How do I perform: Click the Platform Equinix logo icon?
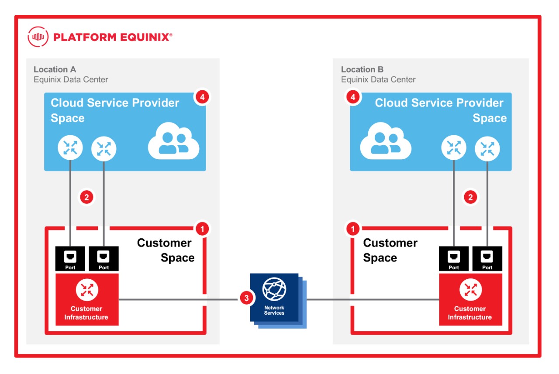coord(38,37)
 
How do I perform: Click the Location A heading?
coord(55,69)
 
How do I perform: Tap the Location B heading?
coord(362,69)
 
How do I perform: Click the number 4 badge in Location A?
coord(201,97)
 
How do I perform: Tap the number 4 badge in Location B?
coord(353,97)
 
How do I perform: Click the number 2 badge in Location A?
coord(86,197)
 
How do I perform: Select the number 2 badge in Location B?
coord(470,197)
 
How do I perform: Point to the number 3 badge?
coord(247,299)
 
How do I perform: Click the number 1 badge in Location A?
coord(201,228)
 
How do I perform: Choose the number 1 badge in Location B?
coord(353,228)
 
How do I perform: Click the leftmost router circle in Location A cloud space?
coord(70,148)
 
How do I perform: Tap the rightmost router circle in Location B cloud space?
coord(487,148)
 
